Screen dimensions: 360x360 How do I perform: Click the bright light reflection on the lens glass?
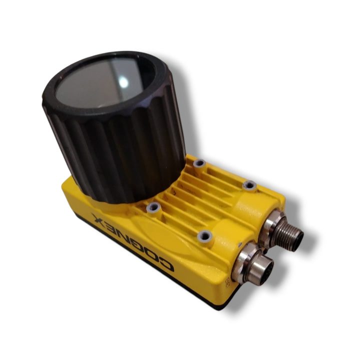[124, 82]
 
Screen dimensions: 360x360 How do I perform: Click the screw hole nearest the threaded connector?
[250, 185]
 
